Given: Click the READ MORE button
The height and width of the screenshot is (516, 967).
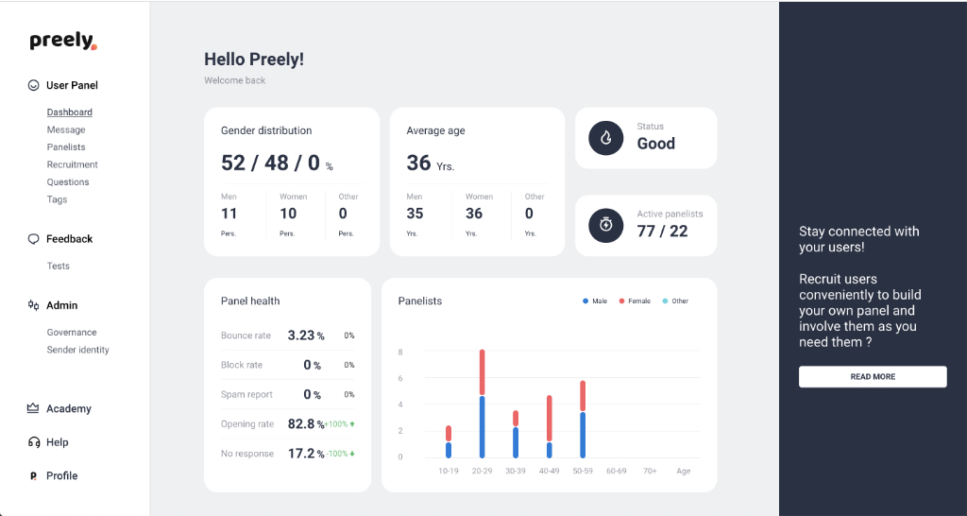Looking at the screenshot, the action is point(873,376).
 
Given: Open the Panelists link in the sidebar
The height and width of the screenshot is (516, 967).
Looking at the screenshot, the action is point(66,146).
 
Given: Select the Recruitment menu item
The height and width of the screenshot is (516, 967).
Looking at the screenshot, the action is point(72,164).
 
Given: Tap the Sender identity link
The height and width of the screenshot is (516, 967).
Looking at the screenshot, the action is point(77,350).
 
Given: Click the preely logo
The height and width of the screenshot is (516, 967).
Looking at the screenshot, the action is point(63,41).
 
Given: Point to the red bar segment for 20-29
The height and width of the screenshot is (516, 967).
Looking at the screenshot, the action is point(483,372).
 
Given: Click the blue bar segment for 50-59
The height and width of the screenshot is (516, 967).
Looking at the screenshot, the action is point(583,435).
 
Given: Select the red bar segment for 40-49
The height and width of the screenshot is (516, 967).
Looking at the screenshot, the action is point(550,419).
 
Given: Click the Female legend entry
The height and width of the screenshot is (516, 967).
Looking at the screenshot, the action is point(635,301).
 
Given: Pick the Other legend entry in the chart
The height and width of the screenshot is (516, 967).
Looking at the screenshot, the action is point(675,301).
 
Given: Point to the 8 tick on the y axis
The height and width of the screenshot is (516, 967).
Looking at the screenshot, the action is point(400,352).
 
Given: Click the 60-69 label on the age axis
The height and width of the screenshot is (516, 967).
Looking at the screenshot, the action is point(616,471).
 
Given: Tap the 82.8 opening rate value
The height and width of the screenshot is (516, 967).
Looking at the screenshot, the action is point(301,424).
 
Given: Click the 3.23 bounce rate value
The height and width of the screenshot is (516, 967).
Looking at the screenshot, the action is point(301,335).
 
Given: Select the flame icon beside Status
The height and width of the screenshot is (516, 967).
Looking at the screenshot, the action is point(605,138).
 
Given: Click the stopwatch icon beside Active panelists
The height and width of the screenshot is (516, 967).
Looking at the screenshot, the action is point(605,225).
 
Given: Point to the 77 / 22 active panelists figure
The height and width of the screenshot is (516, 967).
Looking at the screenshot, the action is point(662,231).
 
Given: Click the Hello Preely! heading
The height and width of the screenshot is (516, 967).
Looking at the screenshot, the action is point(254,60).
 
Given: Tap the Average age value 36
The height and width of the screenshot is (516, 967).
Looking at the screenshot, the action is point(418,163).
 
